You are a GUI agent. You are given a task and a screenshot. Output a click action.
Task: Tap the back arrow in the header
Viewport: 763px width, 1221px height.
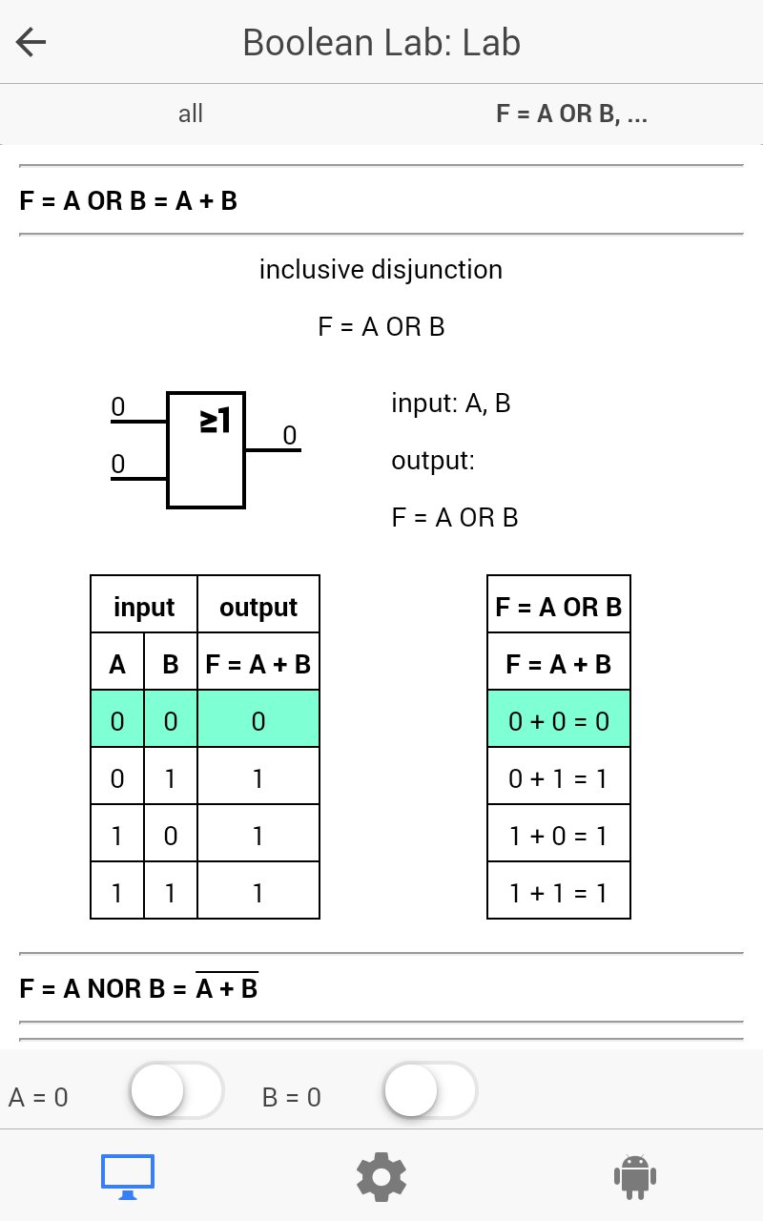coord(31,43)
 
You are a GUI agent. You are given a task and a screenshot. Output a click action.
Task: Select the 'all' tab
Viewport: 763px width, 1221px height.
coord(190,114)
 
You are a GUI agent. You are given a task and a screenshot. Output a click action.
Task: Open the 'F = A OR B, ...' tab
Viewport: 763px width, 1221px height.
coord(571,114)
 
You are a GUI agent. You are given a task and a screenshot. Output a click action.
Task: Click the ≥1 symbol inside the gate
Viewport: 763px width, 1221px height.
coord(216,421)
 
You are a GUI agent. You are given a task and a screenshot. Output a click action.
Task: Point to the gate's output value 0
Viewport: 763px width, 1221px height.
coord(289,435)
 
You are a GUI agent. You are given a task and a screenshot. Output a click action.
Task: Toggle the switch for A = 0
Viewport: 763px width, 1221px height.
coord(176,1090)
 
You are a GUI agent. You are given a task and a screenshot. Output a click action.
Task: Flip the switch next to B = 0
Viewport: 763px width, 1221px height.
coord(430,1090)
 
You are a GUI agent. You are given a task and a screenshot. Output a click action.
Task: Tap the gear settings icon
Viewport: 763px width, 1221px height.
coord(381,1177)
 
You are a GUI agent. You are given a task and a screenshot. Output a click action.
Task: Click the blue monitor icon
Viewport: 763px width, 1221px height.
coord(128,1176)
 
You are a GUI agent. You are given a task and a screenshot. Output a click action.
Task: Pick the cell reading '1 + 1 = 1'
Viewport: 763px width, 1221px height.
coord(559,891)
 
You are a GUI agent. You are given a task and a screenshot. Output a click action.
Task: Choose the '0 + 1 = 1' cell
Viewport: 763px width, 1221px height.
coord(559,776)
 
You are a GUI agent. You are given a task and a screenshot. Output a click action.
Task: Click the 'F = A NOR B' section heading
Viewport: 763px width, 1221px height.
coord(138,987)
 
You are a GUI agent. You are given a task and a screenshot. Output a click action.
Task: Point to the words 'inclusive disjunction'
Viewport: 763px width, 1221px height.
coord(381,269)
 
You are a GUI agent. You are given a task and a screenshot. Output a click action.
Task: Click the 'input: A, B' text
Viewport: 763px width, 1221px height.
coord(451,404)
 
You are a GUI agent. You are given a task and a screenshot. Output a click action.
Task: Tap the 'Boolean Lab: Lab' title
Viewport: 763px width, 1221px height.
coord(381,43)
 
